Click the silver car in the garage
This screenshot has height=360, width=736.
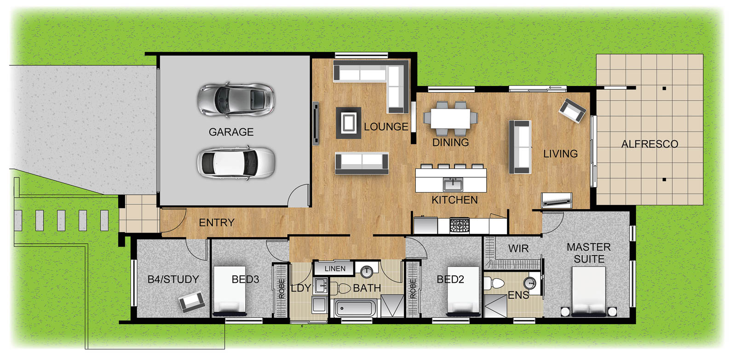coord(236,100)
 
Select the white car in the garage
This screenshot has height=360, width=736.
coord(236,163)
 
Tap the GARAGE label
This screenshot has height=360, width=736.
coord(231,132)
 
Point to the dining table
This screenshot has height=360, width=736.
coord(450,119)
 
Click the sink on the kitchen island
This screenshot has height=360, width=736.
coord(453,184)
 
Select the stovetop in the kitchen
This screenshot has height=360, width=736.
coord(460,225)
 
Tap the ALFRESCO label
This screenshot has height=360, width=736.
coord(650,144)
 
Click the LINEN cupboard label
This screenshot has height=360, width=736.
coord(335,269)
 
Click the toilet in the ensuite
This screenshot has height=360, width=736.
coord(494,283)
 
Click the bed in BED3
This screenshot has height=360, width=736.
coord(230,291)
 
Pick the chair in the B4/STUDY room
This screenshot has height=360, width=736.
coord(191,301)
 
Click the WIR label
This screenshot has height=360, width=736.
coord(518,249)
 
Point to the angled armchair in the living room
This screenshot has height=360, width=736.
coord(572,111)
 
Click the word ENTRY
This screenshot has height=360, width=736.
coord(217,223)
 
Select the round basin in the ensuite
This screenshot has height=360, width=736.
coord(529,283)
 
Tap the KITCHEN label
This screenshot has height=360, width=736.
coord(454,200)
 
